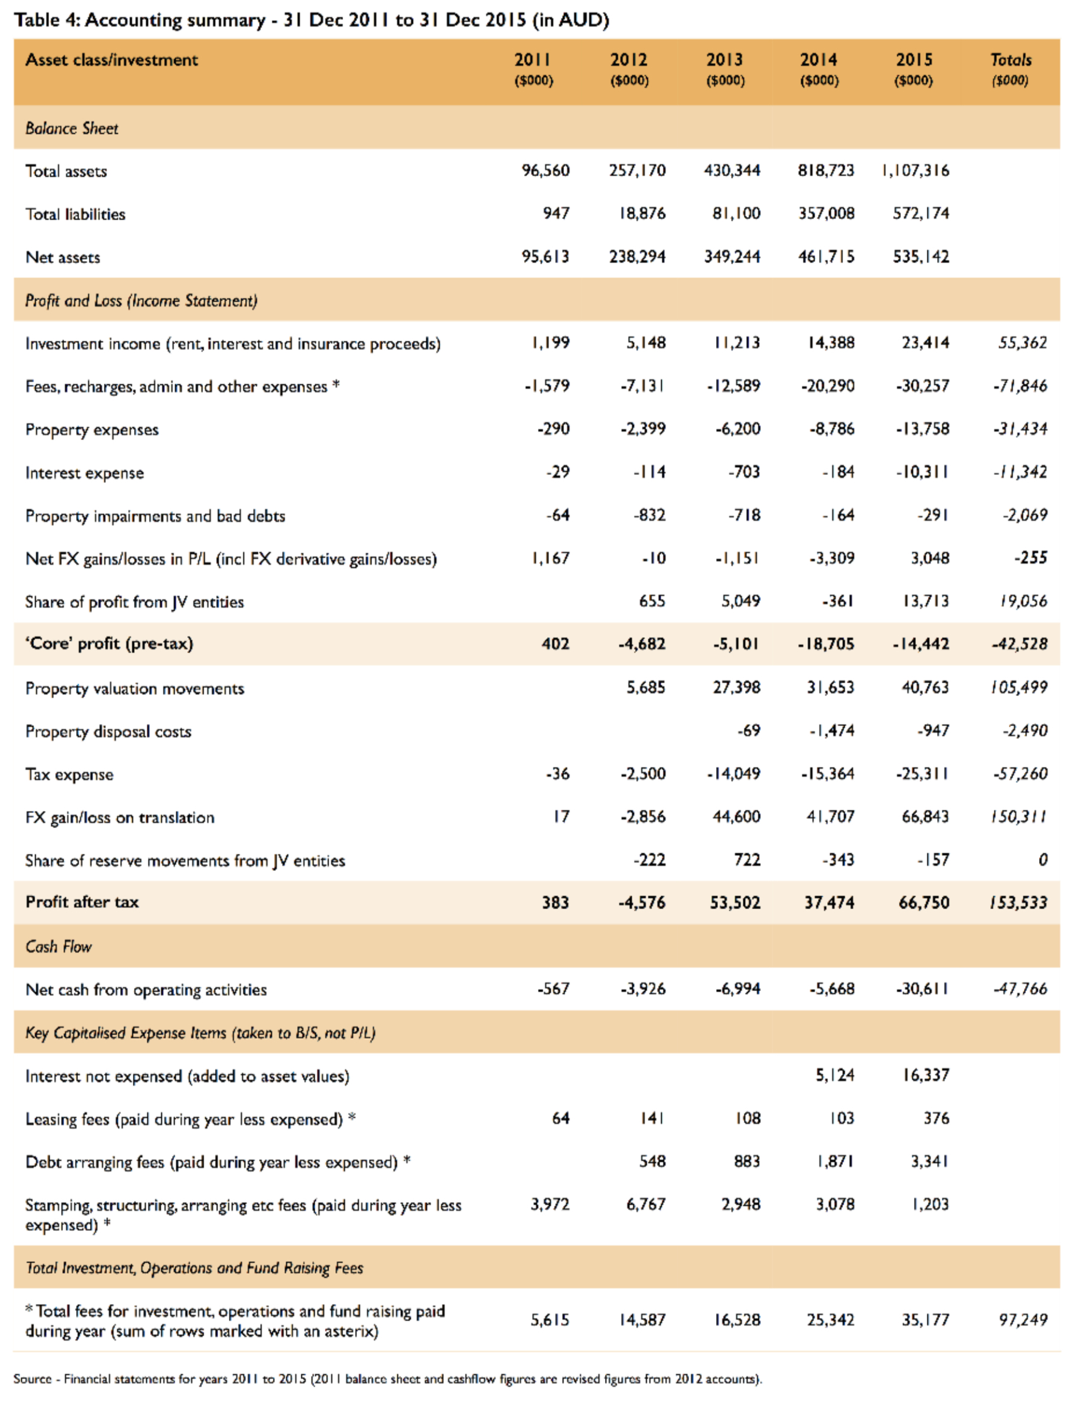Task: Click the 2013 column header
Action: [x=725, y=60]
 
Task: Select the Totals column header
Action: [x=1011, y=60]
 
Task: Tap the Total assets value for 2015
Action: [x=915, y=170]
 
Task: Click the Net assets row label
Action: [x=62, y=257]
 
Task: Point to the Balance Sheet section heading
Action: [x=71, y=128]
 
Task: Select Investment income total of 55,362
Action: [x=1022, y=343]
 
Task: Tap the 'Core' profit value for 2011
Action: [x=555, y=644]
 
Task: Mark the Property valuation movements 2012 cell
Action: [x=645, y=687]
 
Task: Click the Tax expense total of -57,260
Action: [x=1020, y=774]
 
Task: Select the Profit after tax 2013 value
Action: [x=735, y=902]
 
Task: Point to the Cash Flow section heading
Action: [x=58, y=946]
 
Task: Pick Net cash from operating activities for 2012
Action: [x=642, y=989]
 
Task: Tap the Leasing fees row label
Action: [x=184, y=1119]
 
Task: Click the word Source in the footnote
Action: [x=32, y=1379]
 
